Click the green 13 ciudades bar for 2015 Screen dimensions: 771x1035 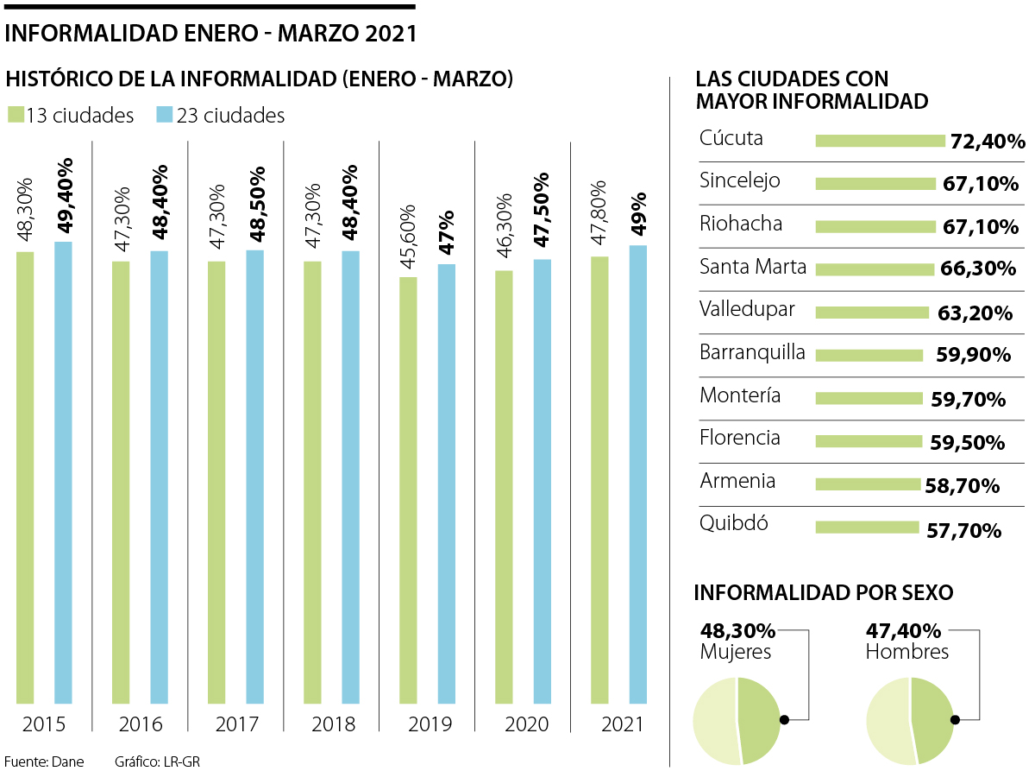(x=25, y=477)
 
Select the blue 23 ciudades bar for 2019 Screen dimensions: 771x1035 (x=446, y=483)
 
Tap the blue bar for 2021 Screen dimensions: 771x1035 (x=637, y=474)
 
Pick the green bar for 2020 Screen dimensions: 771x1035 (x=504, y=487)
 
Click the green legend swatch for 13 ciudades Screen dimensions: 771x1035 (x=15, y=115)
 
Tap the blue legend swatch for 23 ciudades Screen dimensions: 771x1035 (x=164, y=115)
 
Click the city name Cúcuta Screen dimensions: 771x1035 (x=731, y=138)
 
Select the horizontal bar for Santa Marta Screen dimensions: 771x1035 (x=875, y=269)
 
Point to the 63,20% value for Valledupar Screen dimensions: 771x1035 (x=975, y=313)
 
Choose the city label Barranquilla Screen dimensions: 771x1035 (x=753, y=352)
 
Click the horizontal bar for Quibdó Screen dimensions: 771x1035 (x=867, y=527)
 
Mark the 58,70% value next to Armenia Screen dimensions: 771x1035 (x=962, y=486)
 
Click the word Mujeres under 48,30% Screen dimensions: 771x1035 (x=736, y=652)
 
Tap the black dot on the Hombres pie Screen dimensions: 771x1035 (x=955, y=719)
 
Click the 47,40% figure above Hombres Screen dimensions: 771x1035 (x=903, y=631)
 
